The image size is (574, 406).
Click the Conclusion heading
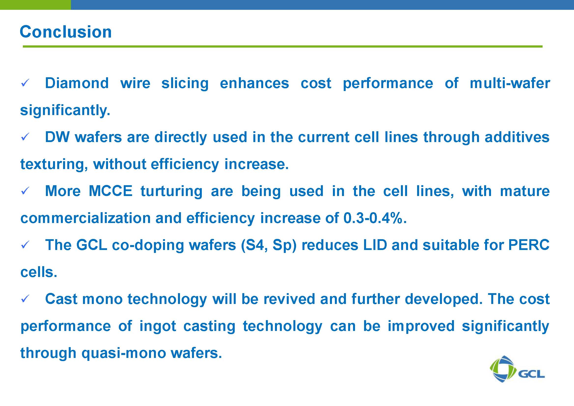coord(66,32)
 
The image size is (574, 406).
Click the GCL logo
coord(517,369)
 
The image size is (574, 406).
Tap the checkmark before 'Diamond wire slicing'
coord(25,83)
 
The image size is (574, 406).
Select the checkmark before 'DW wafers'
coord(25,137)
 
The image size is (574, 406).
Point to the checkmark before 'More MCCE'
coord(25,191)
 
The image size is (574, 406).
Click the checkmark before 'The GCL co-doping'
coord(25,245)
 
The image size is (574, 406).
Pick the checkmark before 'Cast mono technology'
coord(25,299)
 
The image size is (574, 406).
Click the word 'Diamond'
coord(77,83)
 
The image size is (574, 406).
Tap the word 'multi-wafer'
coord(510,83)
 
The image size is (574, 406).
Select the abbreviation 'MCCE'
coord(110,191)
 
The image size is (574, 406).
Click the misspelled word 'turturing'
coord(171,192)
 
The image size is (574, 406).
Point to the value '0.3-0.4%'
coord(373,218)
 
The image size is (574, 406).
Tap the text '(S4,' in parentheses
coord(255,246)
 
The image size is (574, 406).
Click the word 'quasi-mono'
coord(123,354)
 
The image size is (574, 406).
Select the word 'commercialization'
coord(85,218)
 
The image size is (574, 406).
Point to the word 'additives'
coord(517,137)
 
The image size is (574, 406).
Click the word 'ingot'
coord(158,327)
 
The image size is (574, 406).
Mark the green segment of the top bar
coord(35,5)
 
